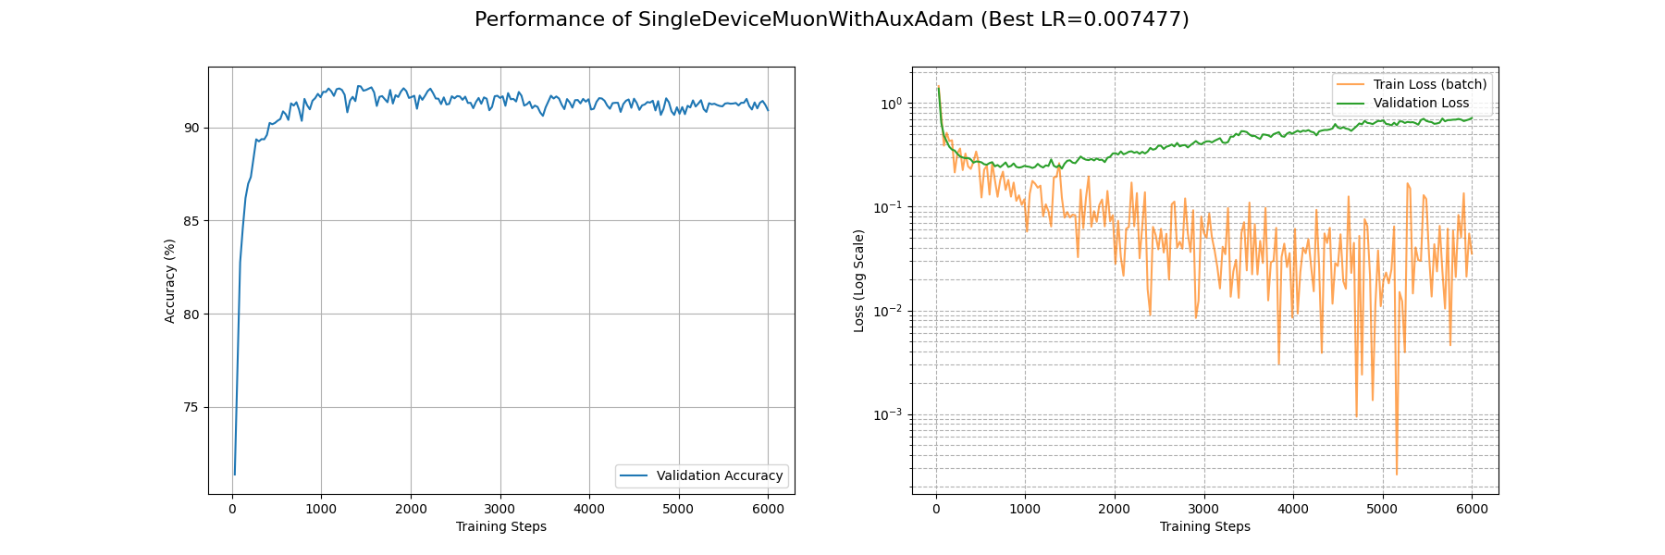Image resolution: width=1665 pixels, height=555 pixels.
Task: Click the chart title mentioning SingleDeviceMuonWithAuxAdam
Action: (832, 19)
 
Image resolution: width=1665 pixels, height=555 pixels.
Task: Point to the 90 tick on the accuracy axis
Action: (191, 128)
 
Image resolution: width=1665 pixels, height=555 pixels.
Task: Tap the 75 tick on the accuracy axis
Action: (191, 407)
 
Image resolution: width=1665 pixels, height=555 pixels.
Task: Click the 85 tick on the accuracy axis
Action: (191, 221)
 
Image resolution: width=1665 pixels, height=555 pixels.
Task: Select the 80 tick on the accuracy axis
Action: (191, 314)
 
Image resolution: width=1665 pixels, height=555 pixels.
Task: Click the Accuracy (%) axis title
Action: (169, 280)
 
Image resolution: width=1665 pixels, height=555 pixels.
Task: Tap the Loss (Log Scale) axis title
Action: (859, 280)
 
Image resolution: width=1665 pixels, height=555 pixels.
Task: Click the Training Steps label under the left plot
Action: (500, 526)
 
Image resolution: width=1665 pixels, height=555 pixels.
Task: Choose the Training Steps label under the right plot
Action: (1204, 526)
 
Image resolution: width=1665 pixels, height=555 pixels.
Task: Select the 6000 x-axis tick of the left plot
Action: (768, 509)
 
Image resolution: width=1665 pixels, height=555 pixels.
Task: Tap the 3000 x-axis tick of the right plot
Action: (1203, 509)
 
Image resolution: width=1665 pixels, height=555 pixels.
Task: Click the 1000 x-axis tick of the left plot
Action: (321, 509)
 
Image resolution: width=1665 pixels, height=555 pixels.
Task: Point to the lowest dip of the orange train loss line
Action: (1397, 475)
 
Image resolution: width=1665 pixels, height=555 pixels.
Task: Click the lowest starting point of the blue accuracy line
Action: (234, 475)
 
